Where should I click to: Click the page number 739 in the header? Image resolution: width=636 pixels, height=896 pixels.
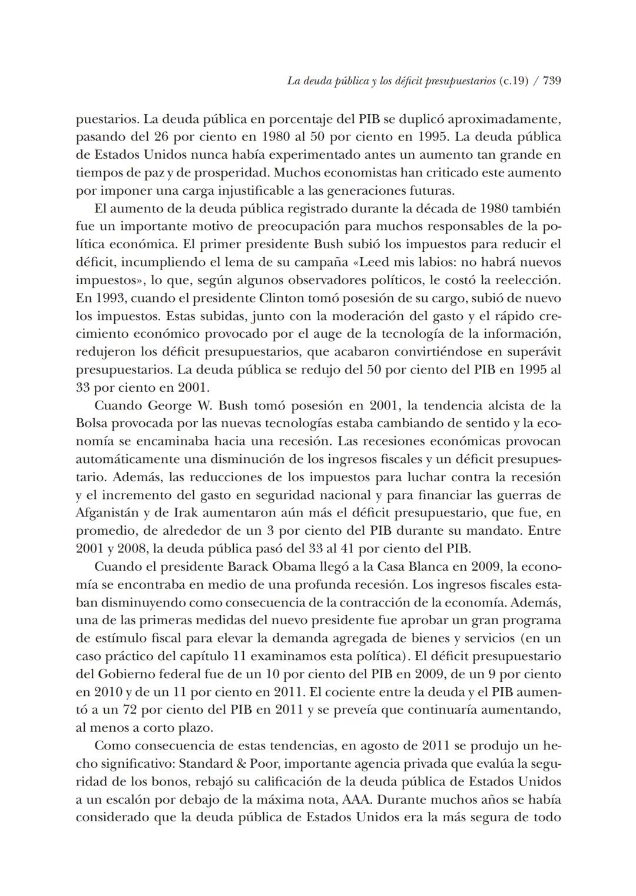click(x=551, y=81)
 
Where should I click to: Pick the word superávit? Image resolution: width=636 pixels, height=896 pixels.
click(x=534, y=352)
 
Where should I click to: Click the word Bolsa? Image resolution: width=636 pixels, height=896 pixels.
click(x=92, y=424)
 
